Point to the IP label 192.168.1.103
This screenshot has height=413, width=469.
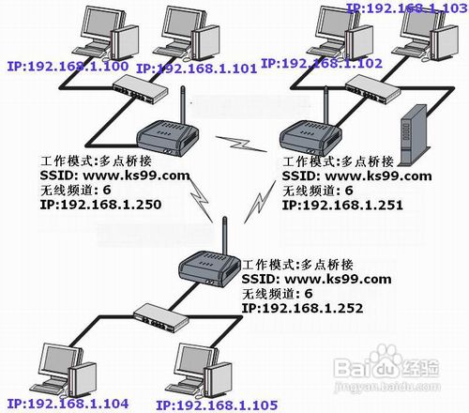pyautogui.click(x=408, y=7)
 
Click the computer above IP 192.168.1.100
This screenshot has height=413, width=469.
pyautogui.click(x=98, y=33)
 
